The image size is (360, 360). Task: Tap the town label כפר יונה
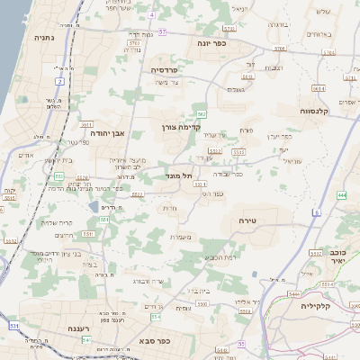pyautogui.click(x=213, y=41)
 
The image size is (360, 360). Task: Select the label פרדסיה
pyautogui.click(x=169, y=69)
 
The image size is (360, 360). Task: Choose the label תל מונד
pyautogui.click(x=181, y=176)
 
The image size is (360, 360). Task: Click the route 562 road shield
pyautogui.click(x=202, y=114)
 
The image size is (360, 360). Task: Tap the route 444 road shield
pyautogui.click(x=342, y=193)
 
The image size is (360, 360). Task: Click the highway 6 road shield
pyautogui.click(x=317, y=212)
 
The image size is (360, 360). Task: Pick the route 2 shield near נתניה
pyautogui.click(x=59, y=81)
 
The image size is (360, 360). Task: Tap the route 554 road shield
pyautogui.click(x=156, y=317)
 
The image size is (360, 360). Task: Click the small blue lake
pyautogui.click(x=94, y=208)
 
